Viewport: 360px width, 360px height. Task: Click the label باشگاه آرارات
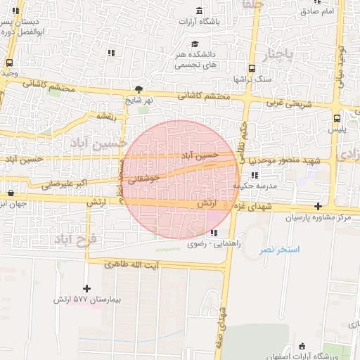pyautogui.click(x=219, y=21)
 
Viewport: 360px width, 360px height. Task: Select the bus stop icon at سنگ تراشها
pyautogui.click(x=251, y=68)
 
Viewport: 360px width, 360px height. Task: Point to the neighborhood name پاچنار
pyautogui.click(x=264, y=54)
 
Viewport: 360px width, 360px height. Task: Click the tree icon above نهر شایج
pyautogui.click(x=139, y=89)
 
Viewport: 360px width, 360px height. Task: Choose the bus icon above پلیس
pyautogui.click(x=337, y=118)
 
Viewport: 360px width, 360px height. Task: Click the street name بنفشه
pyautogui.click(x=106, y=116)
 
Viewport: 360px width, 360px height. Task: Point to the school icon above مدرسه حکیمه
pyautogui.click(x=255, y=175)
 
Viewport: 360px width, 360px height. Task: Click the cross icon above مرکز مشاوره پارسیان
pyautogui.click(x=319, y=206)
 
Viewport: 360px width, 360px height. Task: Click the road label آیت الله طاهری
pyautogui.click(x=131, y=265)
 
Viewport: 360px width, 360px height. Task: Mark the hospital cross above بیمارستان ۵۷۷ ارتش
pyautogui.click(x=87, y=288)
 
